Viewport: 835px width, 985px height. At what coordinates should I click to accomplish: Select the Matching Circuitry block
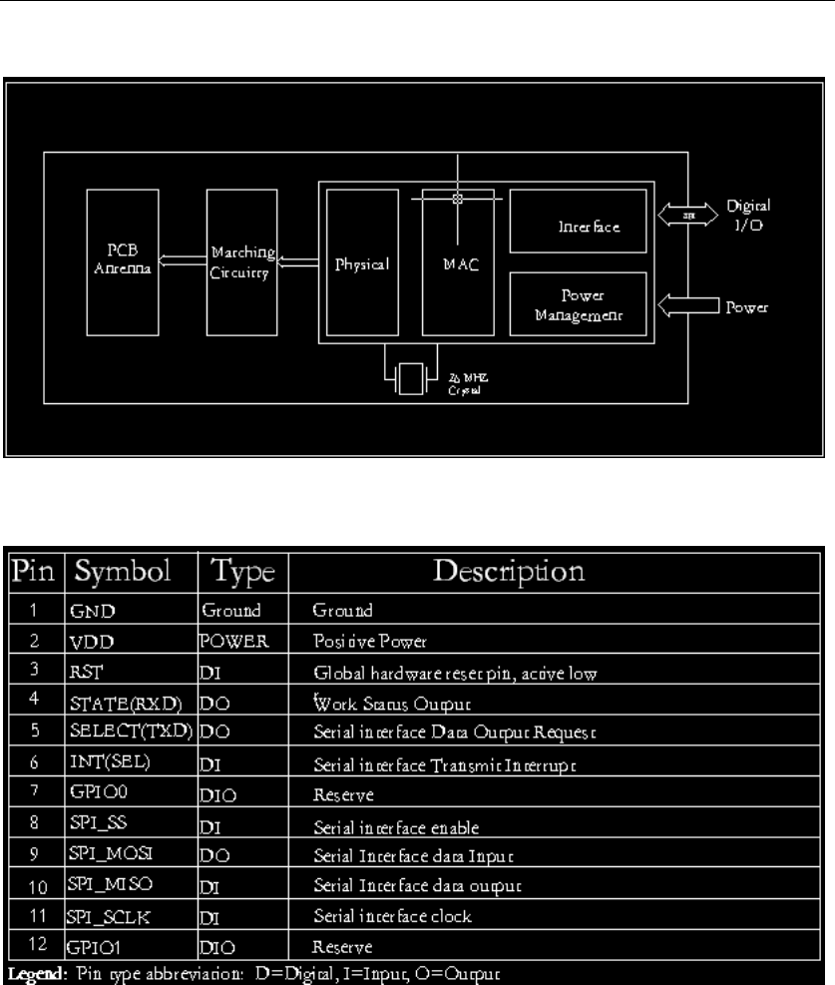[x=241, y=263]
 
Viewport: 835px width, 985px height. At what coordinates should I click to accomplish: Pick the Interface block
[x=575, y=228]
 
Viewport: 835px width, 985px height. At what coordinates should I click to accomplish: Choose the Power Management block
[x=575, y=305]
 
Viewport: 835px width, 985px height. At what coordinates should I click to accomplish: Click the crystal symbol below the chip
[x=410, y=381]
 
